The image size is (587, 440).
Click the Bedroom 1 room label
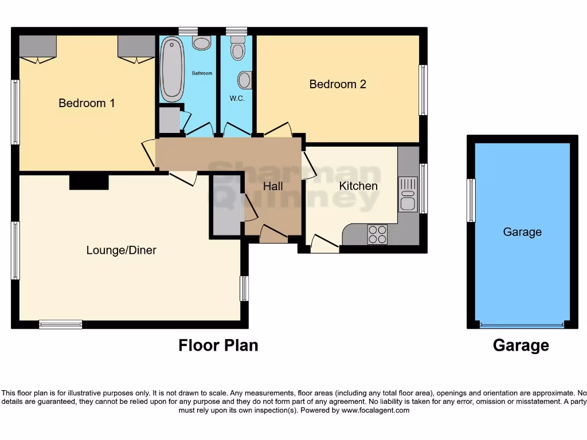(87, 103)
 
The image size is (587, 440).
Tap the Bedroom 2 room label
(338, 84)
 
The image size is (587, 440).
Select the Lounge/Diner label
(121, 250)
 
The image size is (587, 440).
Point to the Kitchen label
(358, 186)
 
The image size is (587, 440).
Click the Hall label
(273, 186)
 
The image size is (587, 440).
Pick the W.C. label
(237, 99)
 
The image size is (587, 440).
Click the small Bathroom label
(202, 73)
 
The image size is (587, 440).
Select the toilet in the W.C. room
(236, 50)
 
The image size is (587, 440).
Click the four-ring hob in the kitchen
(377, 234)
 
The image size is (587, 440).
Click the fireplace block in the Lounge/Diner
(89, 182)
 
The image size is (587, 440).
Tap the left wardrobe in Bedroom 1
(38, 46)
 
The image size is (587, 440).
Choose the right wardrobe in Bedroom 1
(136, 46)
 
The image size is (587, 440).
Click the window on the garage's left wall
(471, 200)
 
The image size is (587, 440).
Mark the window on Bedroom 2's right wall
(423, 90)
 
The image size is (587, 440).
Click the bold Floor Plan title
(218, 345)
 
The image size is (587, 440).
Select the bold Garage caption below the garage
(521, 345)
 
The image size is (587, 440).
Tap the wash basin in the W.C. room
(245, 80)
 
